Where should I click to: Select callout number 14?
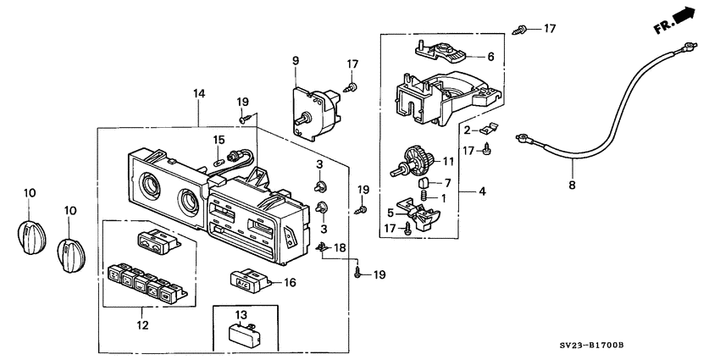[x=199, y=94]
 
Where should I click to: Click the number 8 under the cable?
[x=572, y=186]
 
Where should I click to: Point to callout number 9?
[x=296, y=60]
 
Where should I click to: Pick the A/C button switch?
[x=249, y=280]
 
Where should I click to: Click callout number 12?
[x=143, y=325]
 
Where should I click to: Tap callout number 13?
[x=241, y=315]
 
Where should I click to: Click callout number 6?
[x=490, y=57]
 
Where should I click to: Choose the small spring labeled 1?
[x=424, y=196]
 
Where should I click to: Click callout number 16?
[x=290, y=282]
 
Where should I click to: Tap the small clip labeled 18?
[x=324, y=248]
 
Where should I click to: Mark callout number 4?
[x=482, y=191]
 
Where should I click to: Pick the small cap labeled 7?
[x=423, y=184]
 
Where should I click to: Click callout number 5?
[x=390, y=213]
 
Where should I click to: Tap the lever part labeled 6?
[x=440, y=52]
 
